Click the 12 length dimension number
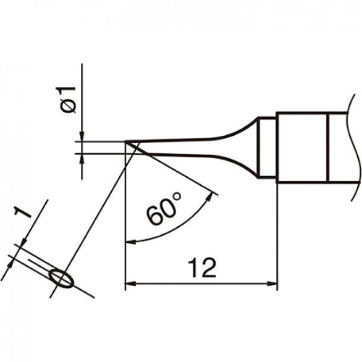point(202,268)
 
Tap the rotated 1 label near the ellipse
point(22,212)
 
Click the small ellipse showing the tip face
point(62,278)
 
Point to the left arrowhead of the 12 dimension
point(130,283)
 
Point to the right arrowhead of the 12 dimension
point(272,283)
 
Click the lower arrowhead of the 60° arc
point(130,242)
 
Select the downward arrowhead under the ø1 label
point(82,136)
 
